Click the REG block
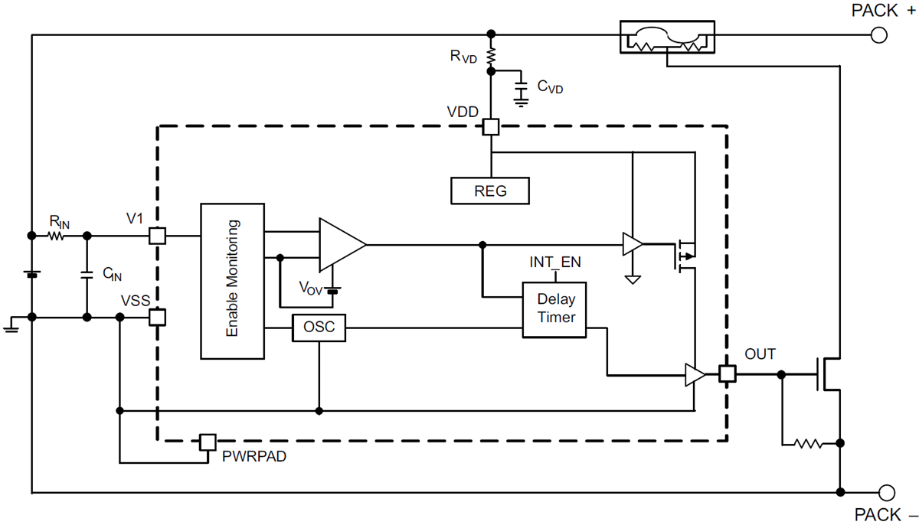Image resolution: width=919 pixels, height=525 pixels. click(490, 191)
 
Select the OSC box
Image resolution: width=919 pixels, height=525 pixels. click(319, 328)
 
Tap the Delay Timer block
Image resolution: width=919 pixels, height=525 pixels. click(555, 309)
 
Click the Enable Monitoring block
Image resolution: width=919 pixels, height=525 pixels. click(232, 280)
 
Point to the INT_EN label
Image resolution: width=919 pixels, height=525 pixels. click(554, 262)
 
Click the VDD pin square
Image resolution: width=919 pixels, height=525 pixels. click(490, 127)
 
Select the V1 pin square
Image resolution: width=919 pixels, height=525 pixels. click(157, 236)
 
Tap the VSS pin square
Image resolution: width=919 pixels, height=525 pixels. click(157, 317)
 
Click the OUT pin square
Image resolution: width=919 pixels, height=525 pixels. click(728, 374)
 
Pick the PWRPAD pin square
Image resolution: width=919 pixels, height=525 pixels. click(207, 442)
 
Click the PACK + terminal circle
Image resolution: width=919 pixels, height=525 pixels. click(880, 34)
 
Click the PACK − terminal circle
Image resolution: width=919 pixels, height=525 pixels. click(887, 492)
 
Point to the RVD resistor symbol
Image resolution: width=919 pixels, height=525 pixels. click(490, 56)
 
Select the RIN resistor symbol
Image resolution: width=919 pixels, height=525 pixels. click(57, 236)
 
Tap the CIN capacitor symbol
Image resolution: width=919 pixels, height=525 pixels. click(87, 275)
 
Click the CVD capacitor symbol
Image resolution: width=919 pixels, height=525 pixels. click(522, 89)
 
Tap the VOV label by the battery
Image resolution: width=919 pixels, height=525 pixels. click(310, 289)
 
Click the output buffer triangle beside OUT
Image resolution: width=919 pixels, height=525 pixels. click(694, 374)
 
